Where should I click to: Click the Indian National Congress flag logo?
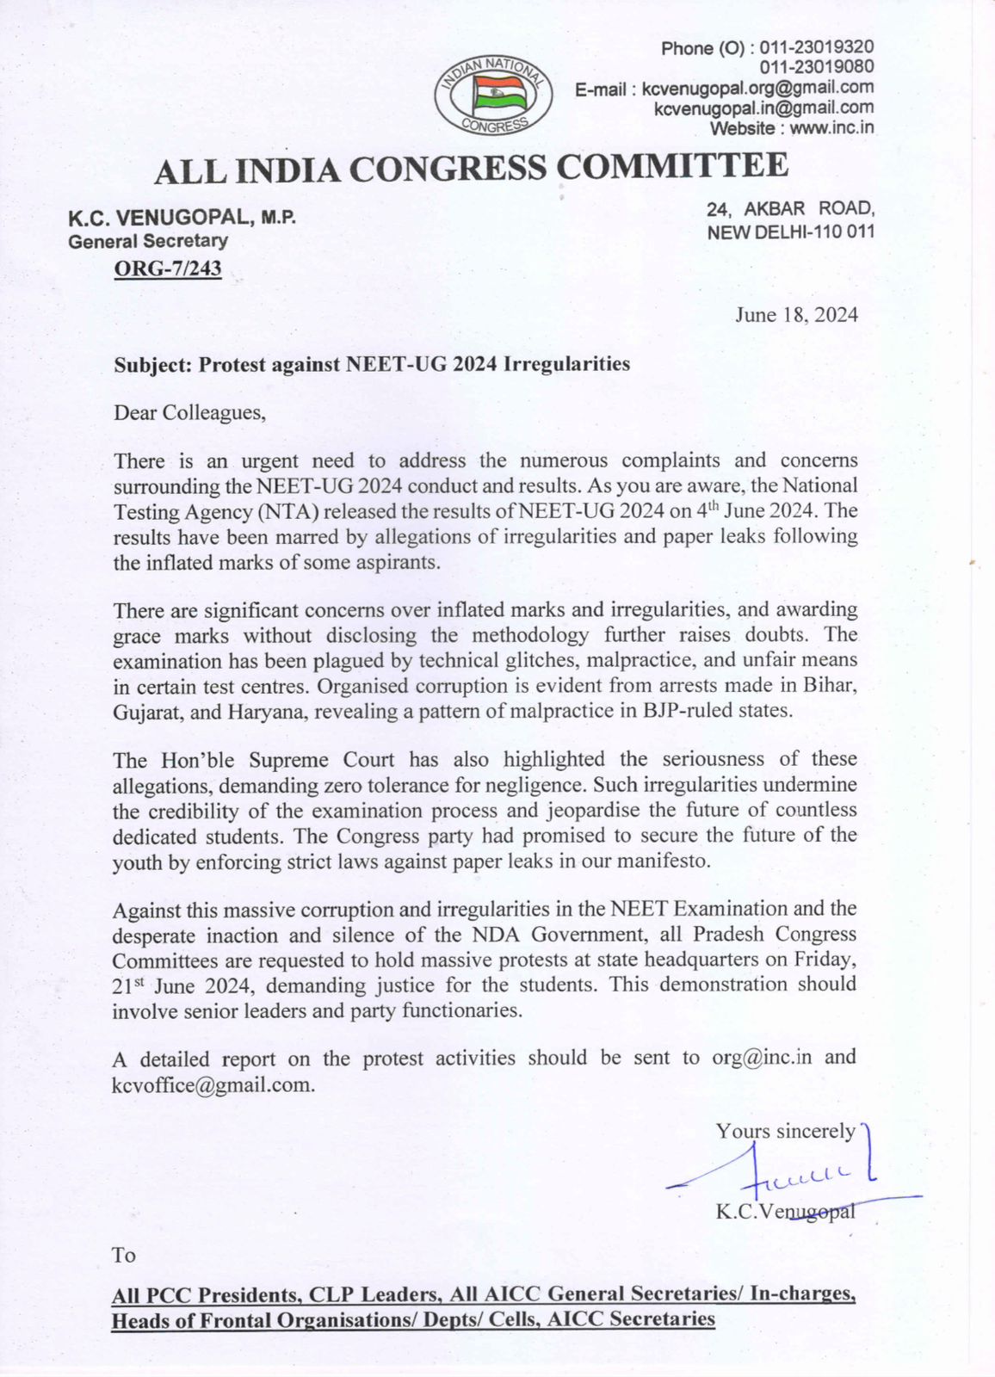494,96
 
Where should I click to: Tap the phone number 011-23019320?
816,47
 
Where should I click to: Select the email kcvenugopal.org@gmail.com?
757,88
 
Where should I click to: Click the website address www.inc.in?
831,128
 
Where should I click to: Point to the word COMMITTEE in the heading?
672,165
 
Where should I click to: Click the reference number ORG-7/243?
168,269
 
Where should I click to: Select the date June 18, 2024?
796,315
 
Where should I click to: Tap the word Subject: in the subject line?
152,364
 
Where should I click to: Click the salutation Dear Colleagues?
190,412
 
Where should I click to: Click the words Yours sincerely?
785,1131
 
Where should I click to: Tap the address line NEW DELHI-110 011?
790,232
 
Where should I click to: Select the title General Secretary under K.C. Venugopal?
148,242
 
